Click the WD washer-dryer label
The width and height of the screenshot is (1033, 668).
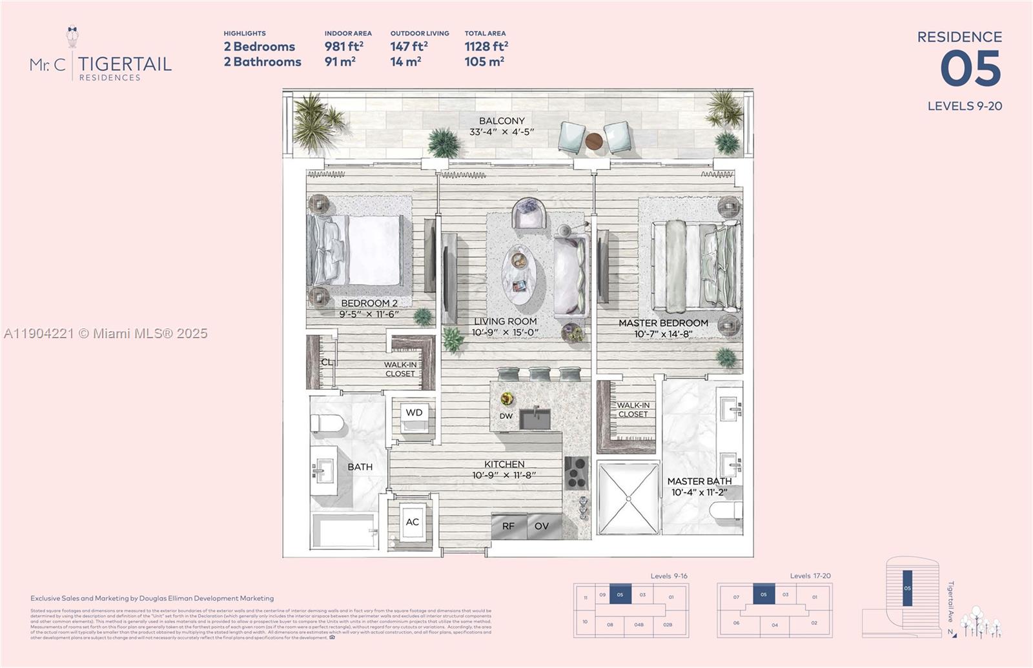tap(414, 413)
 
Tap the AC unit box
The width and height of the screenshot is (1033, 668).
tap(413, 522)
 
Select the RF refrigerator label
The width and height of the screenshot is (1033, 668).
tap(508, 526)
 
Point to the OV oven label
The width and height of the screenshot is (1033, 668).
tap(542, 526)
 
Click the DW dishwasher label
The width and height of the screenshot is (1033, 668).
tap(506, 416)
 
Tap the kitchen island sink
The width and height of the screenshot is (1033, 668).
tap(535, 418)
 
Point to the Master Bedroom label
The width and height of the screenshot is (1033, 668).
tap(663, 323)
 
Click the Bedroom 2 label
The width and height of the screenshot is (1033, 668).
tap(369, 303)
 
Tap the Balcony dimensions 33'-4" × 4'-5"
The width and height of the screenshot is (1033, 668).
tap(502, 132)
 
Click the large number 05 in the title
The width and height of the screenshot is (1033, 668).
tap(970, 69)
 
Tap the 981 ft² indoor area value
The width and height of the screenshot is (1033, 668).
tap(343, 46)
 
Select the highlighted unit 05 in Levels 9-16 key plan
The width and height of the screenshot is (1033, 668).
tap(620, 594)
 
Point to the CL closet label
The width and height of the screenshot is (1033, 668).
tap(327, 362)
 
